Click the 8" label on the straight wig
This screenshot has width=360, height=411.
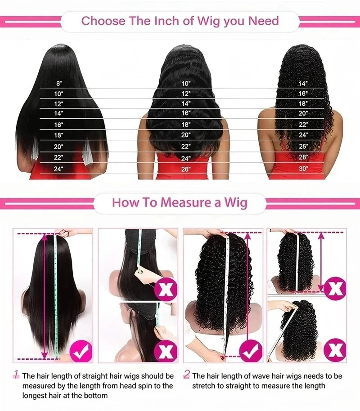coord(59,84)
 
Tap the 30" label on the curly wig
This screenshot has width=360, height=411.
coord(303,169)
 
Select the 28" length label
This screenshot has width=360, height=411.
coord(303,157)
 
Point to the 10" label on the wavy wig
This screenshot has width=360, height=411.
coord(186,84)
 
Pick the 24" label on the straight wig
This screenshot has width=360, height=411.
coord(58,169)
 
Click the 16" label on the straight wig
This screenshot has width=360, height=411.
coord(58,125)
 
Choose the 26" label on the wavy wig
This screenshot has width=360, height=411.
coord(186,170)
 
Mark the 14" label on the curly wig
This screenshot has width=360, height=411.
coord(303,84)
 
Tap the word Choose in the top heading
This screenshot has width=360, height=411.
coord(103,21)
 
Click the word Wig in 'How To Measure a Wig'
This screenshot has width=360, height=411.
coord(236,203)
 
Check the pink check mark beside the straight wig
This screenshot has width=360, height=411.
coord(81,351)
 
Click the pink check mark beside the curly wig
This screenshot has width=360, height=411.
coord(251,351)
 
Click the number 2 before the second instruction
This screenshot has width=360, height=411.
coord(187,374)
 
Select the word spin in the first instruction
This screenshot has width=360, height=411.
coord(148,386)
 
